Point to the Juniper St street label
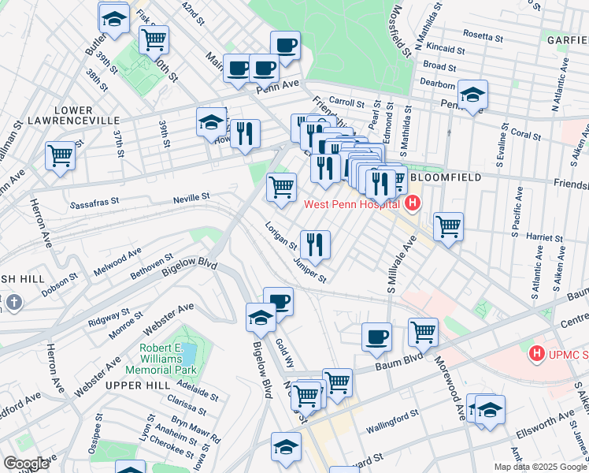[309, 269]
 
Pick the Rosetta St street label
[483, 37]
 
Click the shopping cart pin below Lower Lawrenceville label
[61, 155]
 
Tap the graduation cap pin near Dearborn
[472, 95]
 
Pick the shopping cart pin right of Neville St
[281, 186]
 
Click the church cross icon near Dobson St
[13, 302]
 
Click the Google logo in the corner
[26, 463]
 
